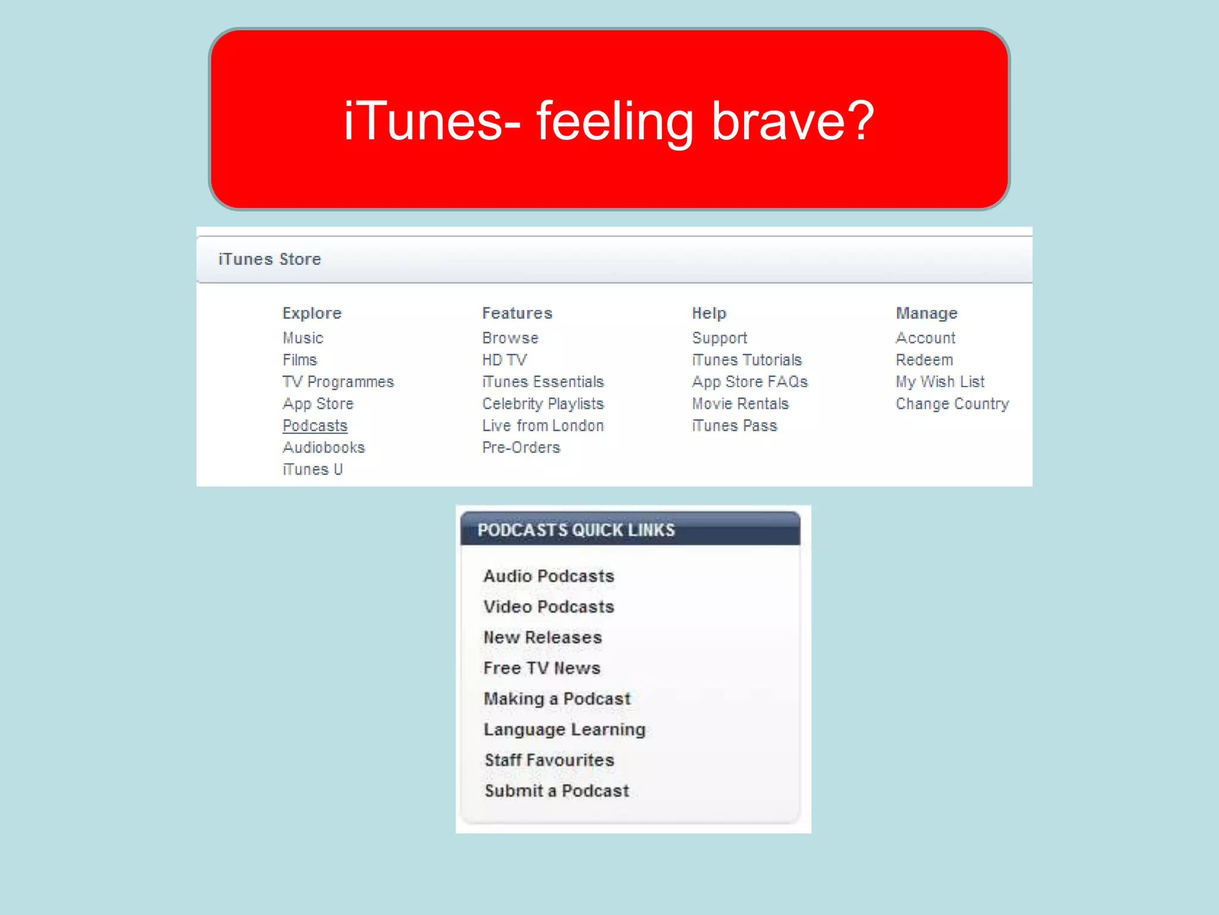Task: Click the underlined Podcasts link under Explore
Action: pyautogui.click(x=315, y=426)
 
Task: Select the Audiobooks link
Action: pyautogui.click(x=324, y=447)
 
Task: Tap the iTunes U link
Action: pyautogui.click(x=312, y=469)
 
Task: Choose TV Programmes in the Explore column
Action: pyautogui.click(x=338, y=382)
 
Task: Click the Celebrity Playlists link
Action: pyautogui.click(x=543, y=404)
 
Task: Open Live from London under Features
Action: pyautogui.click(x=543, y=426)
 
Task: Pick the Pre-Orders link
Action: pyautogui.click(x=521, y=447)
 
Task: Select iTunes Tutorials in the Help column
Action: pyautogui.click(x=747, y=360)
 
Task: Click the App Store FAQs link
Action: pyautogui.click(x=750, y=382)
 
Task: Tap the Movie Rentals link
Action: pyautogui.click(x=740, y=404)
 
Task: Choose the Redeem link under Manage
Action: pyautogui.click(x=924, y=360)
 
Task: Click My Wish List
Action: pyautogui.click(x=940, y=382)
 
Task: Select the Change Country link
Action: pyautogui.click(x=952, y=404)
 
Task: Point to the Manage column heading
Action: pyautogui.click(x=927, y=313)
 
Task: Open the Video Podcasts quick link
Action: pyautogui.click(x=549, y=606)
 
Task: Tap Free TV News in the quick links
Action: pyautogui.click(x=542, y=668)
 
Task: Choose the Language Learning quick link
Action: pyautogui.click(x=564, y=729)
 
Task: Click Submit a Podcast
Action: pyautogui.click(x=557, y=790)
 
